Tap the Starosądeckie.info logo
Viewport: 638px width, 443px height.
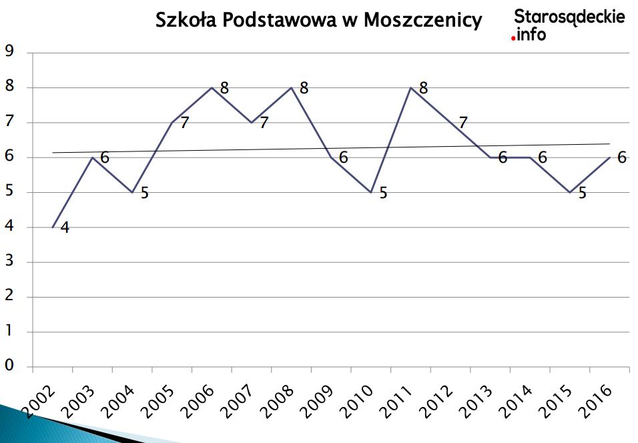coord(569,24)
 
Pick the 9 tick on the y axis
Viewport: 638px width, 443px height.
coord(9,52)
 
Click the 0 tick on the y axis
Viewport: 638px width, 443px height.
coord(9,366)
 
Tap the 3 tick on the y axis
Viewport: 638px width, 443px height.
coord(9,262)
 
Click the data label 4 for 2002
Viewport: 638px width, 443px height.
coord(65,228)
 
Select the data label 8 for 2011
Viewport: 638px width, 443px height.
coord(423,88)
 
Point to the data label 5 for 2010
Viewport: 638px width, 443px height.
coord(383,193)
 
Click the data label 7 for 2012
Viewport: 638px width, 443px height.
coord(462,123)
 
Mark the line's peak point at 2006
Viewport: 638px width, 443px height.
coord(212,87)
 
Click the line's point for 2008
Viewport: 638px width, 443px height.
coord(292,87)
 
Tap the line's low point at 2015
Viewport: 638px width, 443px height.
coord(569,192)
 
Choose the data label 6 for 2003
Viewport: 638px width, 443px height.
coord(105,158)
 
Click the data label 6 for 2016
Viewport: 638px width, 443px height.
coord(621,158)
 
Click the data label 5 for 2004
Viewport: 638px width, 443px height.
coord(144,193)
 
